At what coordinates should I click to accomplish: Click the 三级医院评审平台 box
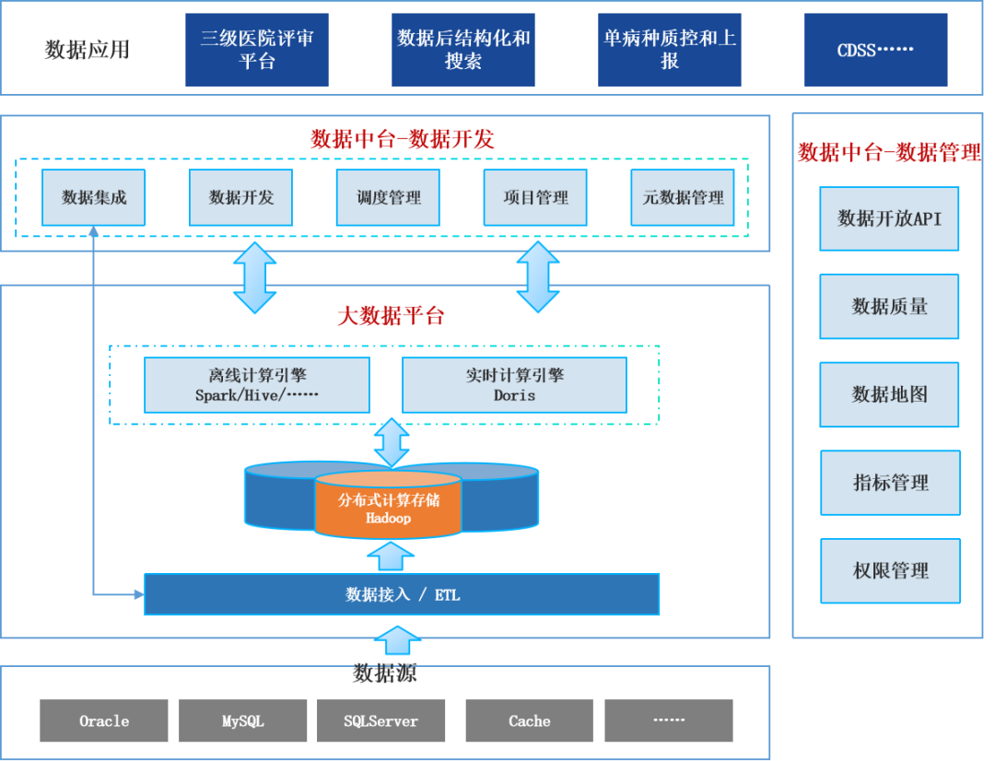coord(256,50)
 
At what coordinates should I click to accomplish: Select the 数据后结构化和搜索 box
coord(463,50)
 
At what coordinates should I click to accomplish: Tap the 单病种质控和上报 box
coord(670,50)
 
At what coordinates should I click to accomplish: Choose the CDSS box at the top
coord(875,50)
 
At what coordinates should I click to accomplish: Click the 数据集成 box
coord(94,197)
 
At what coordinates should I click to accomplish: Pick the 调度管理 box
coord(388,197)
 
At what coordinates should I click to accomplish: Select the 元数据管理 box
coord(683,197)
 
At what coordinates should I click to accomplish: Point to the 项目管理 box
coord(535,197)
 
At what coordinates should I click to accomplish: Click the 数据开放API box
coord(889,218)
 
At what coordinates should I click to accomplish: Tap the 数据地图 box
coord(889,394)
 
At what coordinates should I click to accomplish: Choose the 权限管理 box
coord(890,571)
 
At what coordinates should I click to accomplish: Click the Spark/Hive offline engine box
coord(257,385)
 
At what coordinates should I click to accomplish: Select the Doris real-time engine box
coord(514,385)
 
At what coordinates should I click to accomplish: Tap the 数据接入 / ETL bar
coord(402,594)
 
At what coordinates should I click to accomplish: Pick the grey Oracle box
coord(104,720)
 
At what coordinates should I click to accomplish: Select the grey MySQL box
coord(243,720)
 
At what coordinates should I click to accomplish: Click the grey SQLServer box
coord(381,720)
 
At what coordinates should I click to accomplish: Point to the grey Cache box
coord(530,720)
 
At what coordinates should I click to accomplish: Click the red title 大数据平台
coord(391,316)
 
